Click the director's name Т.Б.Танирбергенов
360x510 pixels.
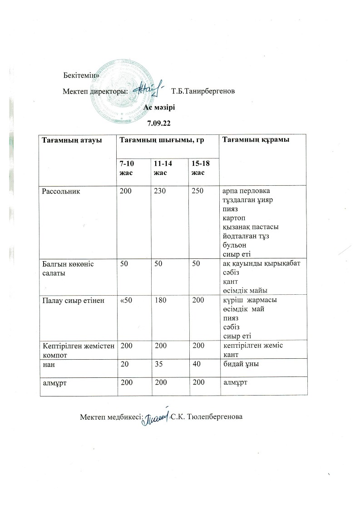pos(203,92)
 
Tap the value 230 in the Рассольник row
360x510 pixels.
pos(160,192)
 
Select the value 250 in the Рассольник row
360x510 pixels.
pos(197,192)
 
